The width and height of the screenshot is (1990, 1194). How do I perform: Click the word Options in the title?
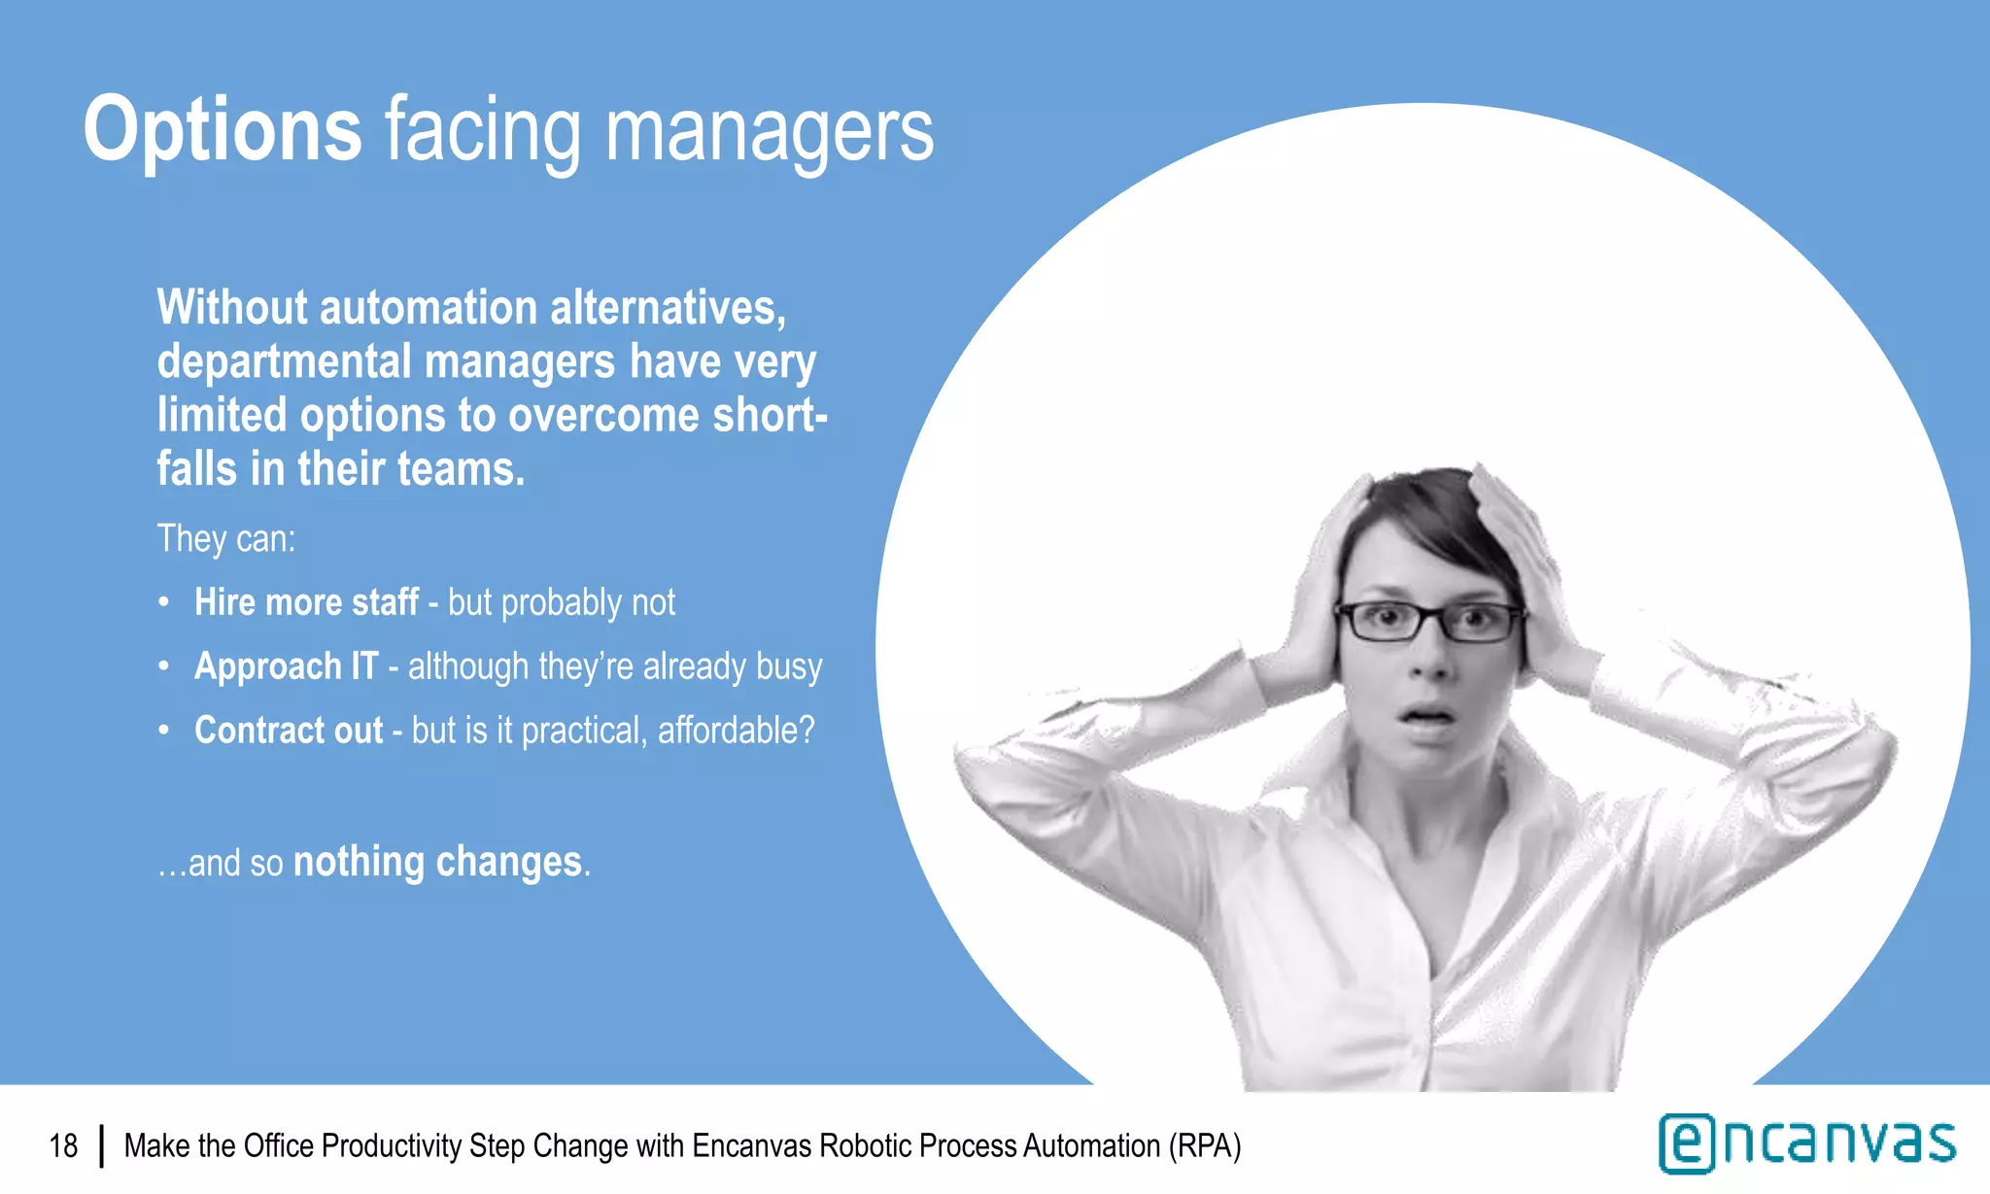tap(223, 129)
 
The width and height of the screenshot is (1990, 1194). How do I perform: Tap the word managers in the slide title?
tap(769, 131)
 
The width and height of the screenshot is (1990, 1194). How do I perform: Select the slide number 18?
tap(63, 1146)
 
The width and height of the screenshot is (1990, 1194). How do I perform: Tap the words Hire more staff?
tap(306, 602)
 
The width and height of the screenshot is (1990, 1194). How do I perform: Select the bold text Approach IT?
tap(286, 666)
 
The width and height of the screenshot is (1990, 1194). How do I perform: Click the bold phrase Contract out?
tap(289, 731)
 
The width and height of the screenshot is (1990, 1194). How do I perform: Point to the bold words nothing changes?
tap(437, 862)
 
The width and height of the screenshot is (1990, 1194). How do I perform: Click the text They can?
tap(225, 538)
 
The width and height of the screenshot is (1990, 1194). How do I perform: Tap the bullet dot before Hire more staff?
tap(164, 602)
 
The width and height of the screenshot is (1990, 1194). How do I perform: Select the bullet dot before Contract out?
tap(164, 731)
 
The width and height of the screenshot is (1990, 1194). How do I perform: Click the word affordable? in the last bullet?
tap(736, 731)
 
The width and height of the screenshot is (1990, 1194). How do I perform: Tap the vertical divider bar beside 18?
tap(101, 1146)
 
